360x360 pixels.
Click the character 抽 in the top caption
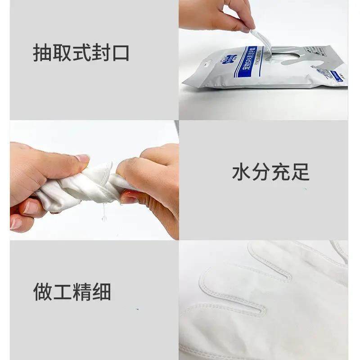[x=42, y=52]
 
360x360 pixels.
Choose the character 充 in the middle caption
[x=281, y=172]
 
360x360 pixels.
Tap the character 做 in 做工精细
[x=42, y=292]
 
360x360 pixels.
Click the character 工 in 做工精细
[x=62, y=292]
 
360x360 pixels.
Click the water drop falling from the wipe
[x=104, y=218]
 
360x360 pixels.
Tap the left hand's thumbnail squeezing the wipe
[x=83, y=158]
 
